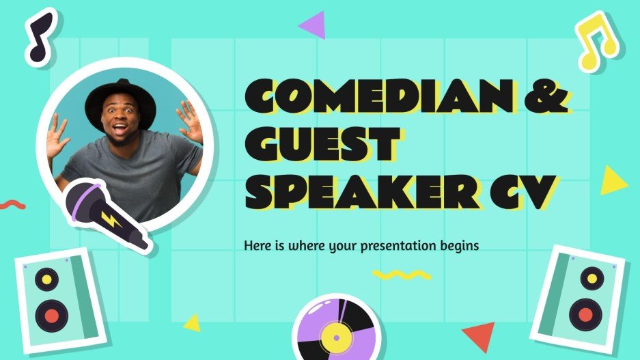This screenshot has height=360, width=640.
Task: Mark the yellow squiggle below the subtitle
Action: pos(401,274)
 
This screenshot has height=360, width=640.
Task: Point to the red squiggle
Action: pos(12,204)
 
